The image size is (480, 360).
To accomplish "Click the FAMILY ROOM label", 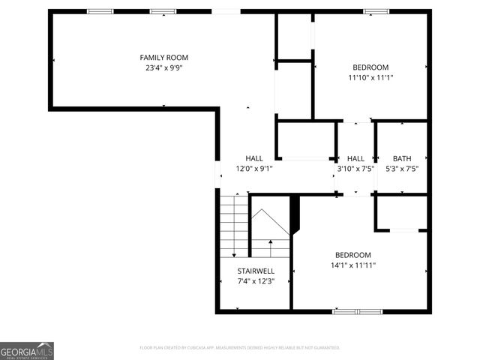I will coord(163,58).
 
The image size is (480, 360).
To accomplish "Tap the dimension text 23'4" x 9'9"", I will coord(163,67).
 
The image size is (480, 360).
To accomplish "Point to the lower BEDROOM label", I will coord(352,255).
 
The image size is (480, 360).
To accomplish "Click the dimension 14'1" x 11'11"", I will coord(352,265).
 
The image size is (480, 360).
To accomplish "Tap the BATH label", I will coord(402,158).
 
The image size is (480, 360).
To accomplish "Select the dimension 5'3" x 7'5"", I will coord(402,168).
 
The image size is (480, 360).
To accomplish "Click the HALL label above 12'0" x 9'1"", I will coord(254,158).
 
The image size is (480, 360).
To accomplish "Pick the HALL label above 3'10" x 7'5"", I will coord(355,158).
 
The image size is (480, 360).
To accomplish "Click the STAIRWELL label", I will coord(256,271).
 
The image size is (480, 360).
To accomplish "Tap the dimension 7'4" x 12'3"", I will coord(256,281).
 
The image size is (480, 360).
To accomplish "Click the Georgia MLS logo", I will coord(27,351).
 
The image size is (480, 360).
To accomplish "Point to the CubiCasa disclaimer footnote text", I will coord(240,348).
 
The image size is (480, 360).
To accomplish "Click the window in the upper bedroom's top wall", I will coord(376,11).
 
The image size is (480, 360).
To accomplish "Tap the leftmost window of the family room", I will coord(100,11).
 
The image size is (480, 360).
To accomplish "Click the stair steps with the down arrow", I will coord(235,225).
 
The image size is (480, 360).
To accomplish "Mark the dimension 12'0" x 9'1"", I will coord(254,169).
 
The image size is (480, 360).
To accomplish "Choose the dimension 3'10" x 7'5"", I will coord(355,169).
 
